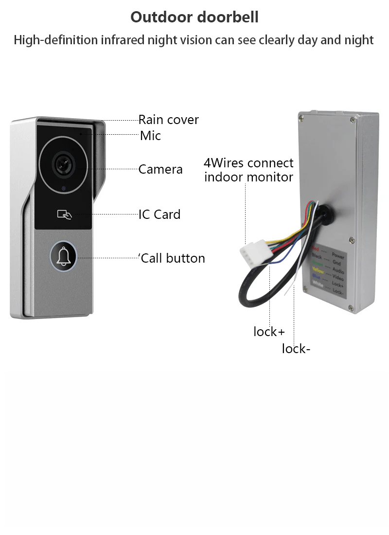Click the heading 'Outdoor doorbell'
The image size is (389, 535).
(194, 17)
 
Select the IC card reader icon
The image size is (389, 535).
(64, 214)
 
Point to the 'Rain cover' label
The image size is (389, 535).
(168, 120)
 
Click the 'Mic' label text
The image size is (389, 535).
(150, 136)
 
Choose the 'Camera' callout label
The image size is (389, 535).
(160, 169)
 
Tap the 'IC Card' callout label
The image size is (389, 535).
(159, 214)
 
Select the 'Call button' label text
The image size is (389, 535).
(173, 258)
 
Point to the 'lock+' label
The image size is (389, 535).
(269, 332)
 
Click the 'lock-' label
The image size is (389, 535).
(296, 348)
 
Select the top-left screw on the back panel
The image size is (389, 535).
(302, 117)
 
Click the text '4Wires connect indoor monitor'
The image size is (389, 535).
(248, 169)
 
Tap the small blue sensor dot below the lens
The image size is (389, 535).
(63, 188)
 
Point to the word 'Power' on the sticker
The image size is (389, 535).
(338, 256)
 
